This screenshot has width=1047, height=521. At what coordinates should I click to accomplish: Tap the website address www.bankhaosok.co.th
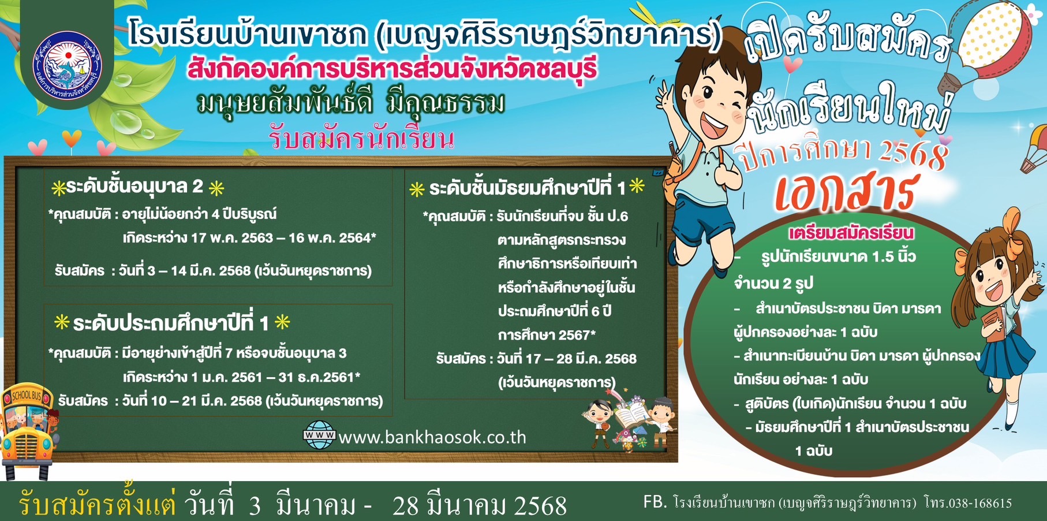432,437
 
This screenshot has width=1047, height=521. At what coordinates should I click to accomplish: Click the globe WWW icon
319,436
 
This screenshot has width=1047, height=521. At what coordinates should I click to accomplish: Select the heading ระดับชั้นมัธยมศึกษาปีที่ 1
528,188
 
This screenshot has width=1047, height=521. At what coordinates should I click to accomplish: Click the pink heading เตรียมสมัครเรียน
851,233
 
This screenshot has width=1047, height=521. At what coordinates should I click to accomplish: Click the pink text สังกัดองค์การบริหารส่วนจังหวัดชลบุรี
391,69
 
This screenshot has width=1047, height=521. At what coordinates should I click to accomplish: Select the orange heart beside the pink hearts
72,139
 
